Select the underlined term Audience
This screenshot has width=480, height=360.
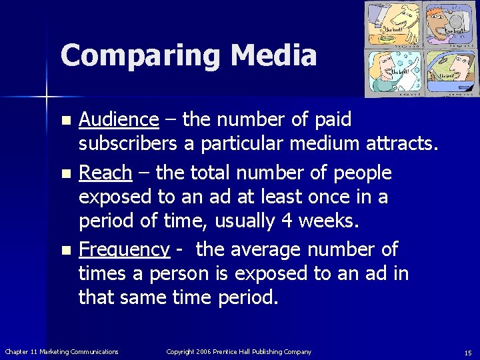coord(119,119)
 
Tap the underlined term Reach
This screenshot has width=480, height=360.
coord(105,173)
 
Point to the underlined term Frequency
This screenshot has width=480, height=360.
coord(124,249)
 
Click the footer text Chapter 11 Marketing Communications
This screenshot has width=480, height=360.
coord(61,351)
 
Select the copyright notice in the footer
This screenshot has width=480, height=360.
coord(239,351)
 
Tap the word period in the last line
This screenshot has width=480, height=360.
coord(247,297)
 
